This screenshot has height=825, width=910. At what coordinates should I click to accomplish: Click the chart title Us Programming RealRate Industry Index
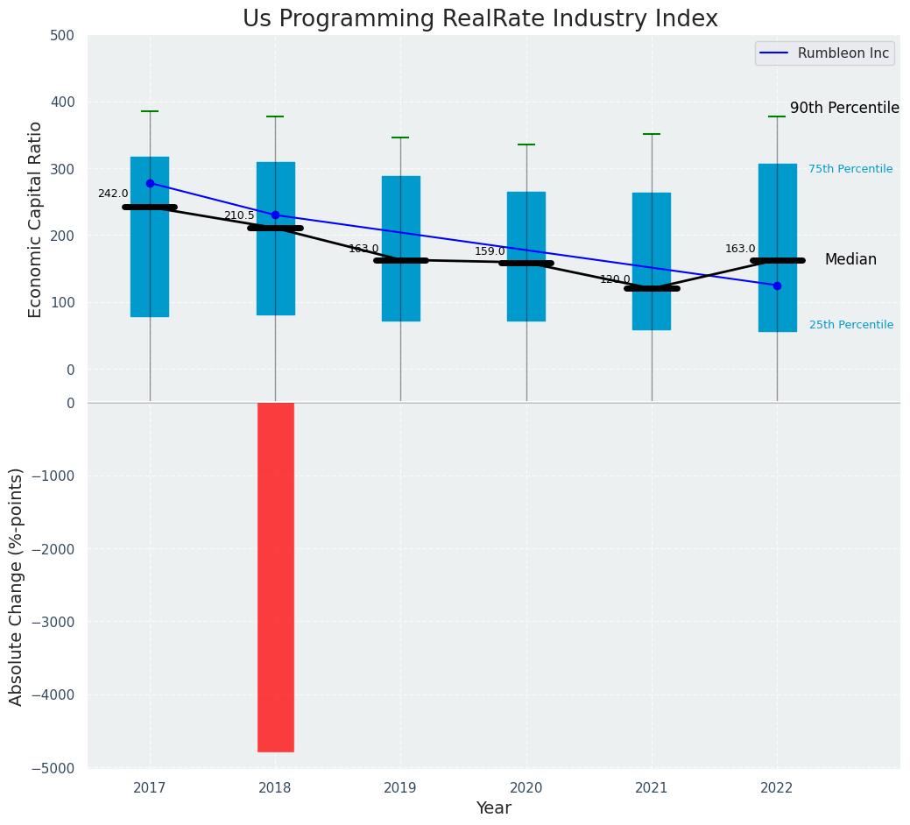point(480,19)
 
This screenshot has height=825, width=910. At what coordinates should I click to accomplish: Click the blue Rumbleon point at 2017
point(150,183)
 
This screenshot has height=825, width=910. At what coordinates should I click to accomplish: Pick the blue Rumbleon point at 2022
point(777,286)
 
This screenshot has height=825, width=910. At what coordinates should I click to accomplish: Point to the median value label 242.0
point(113,194)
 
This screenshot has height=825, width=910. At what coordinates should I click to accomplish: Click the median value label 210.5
point(239,215)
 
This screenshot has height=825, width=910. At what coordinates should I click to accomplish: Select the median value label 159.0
point(490,251)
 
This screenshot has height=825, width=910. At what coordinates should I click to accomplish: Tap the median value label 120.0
point(615,279)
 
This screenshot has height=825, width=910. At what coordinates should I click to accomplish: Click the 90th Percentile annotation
point(844,109)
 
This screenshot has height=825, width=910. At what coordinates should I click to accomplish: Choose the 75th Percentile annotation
point(850,169)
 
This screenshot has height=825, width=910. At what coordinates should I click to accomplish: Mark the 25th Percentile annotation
point(851,325)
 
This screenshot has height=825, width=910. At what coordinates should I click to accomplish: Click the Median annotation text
point(850,260)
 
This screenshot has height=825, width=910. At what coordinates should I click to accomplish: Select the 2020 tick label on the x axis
point(526,788)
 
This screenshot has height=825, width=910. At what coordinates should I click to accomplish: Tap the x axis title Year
point(494,808)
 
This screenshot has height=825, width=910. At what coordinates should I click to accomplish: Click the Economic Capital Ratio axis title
point(36,219)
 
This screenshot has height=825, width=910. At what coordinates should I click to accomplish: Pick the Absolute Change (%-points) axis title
point(17,586)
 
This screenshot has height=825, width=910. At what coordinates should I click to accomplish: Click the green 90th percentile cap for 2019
point(400,137)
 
